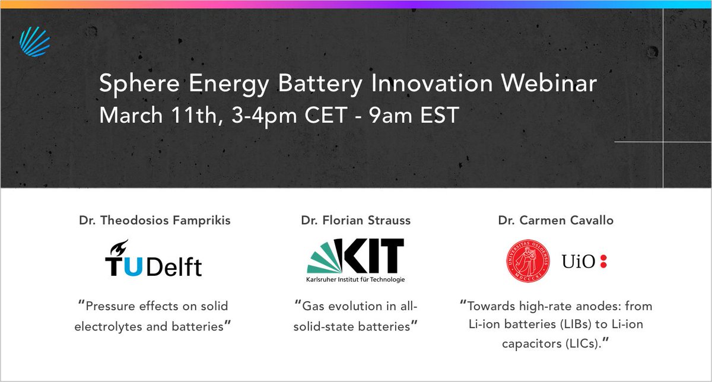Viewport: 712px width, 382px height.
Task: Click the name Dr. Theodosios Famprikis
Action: tap(154, 221)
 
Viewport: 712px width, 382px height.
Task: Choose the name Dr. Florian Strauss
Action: tap(355, 221)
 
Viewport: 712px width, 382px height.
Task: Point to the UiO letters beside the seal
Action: tap(576, 261)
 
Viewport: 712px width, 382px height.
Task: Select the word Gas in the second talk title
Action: tap(314, 307)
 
